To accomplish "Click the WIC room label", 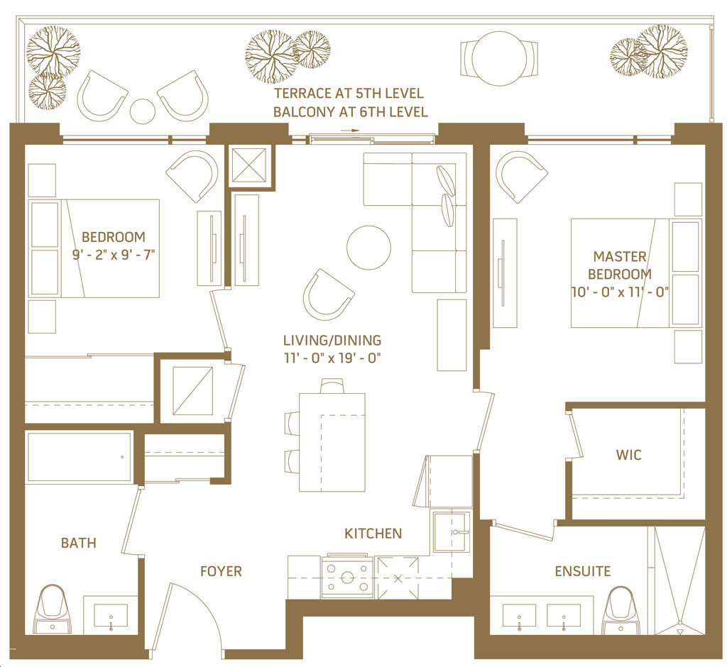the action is (629, 455).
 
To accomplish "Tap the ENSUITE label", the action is (583, 571).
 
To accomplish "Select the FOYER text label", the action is (221, 571).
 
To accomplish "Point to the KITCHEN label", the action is (373, 534).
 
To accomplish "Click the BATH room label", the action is (79, 543).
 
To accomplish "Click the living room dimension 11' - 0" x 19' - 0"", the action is (332, 358).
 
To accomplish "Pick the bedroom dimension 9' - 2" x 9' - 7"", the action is (113, 255).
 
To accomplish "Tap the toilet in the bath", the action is (53, 610).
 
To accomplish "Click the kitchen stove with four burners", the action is (347, 577).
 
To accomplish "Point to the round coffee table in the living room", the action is (368, 248).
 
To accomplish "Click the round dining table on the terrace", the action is (499, 58).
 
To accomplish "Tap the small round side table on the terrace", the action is (142, 111).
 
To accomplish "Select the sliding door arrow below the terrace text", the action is (350, 131).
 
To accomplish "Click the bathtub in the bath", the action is (80, 457).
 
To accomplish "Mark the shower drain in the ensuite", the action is (680, 632).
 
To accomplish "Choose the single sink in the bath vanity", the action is (111, 615).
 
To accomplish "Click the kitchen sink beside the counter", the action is (451, 531).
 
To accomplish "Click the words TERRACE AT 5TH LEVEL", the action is (349, 94).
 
